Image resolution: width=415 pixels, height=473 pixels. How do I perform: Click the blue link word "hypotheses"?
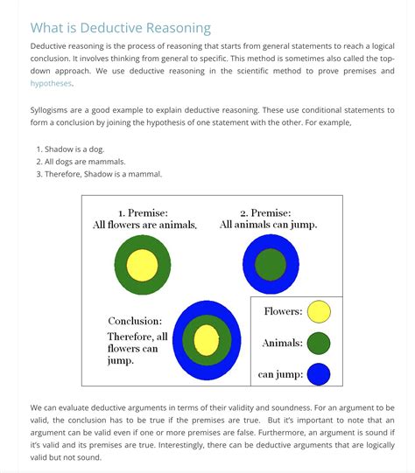(52, 84)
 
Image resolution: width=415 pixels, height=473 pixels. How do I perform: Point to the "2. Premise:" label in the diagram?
(266, 212)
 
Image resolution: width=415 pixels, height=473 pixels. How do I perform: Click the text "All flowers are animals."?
(144, 225)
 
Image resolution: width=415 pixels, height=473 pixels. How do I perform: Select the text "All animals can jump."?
(268, 225)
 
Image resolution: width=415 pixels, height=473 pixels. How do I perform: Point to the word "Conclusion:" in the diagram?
(135, 321)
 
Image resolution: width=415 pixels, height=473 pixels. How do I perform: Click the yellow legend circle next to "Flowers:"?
(319, 311)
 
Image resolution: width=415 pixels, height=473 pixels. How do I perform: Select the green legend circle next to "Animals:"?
(319, 343)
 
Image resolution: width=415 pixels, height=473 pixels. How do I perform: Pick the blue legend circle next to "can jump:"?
(319, 374)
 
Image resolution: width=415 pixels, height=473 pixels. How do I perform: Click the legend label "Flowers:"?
(283, 311)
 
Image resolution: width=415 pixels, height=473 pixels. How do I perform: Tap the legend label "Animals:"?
(283, 343)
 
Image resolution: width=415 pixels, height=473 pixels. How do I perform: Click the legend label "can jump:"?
(280, 375)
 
